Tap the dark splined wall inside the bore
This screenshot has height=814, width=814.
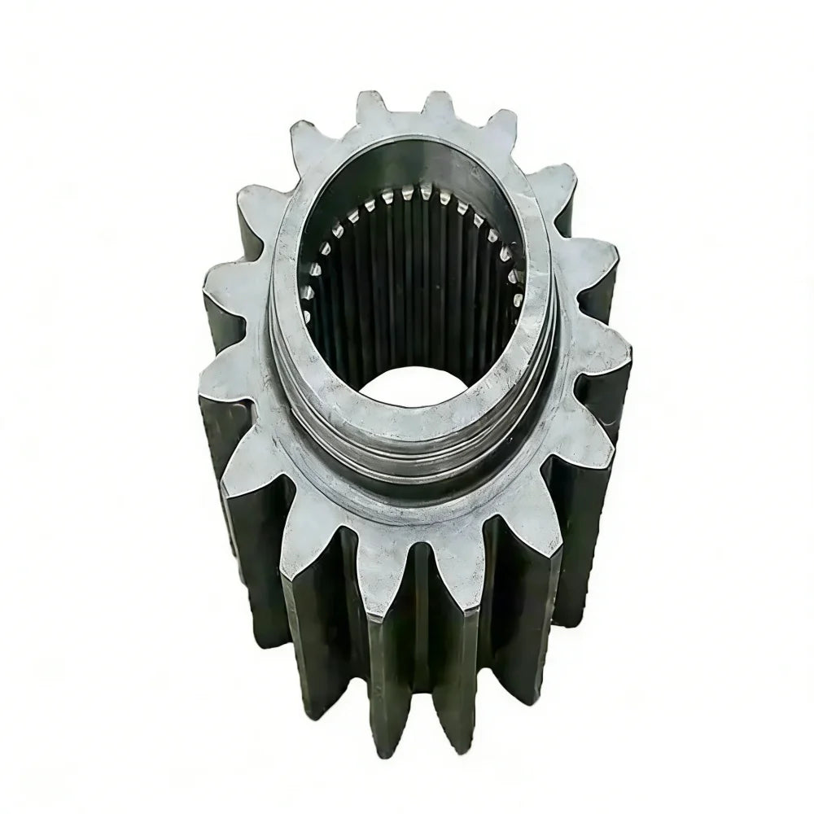point(407,293)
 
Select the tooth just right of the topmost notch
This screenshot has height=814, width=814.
point(440,106)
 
